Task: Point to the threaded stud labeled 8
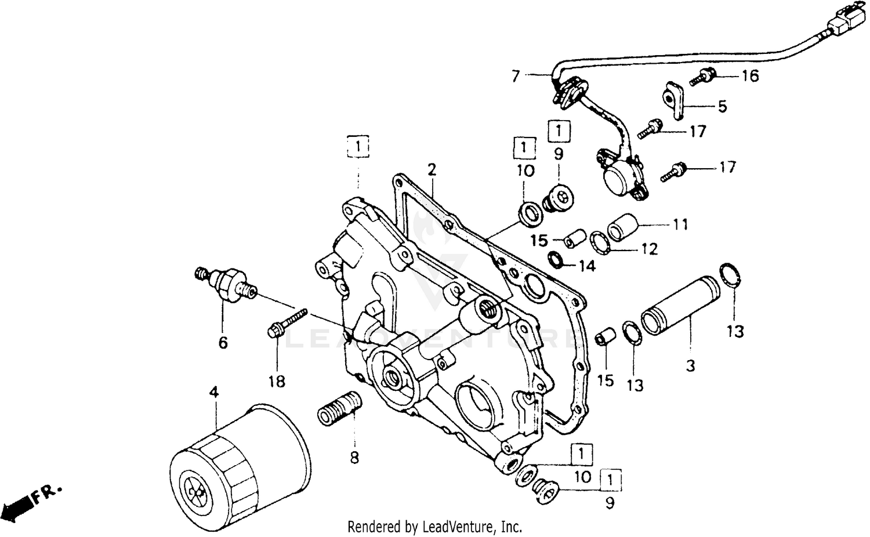[340, 409]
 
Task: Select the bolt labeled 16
[703, 77]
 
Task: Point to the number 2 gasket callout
[431, 170]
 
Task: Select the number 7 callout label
[515, 75]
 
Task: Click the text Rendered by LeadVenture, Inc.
[434, 527]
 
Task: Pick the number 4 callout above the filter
[214, 393]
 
